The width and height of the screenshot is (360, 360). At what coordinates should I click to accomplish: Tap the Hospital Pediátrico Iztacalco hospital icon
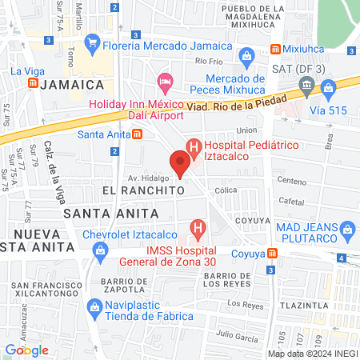[x=193, y=147]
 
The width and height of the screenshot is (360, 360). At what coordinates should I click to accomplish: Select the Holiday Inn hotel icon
[x=166, y=82]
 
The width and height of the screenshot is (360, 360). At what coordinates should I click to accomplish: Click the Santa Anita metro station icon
[x=138, y=134]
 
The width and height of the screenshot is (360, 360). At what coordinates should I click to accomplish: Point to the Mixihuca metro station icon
[x=276, y=47]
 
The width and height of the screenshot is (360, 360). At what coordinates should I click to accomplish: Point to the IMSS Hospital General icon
[x=198, y=231]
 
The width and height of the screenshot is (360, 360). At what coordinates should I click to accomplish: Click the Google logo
[x=26, y=350]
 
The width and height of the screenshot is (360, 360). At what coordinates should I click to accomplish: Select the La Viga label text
[x=26, y=70]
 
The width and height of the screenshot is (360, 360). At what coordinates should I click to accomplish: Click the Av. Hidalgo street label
[x=150, y=177]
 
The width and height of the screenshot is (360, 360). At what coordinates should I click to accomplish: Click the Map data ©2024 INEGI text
[x=312, y=354]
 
